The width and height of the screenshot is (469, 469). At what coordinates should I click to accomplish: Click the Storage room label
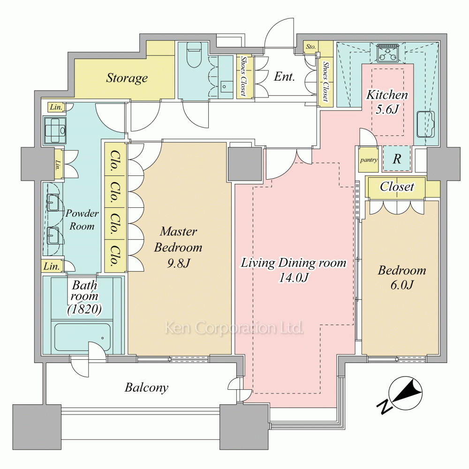tap(127, 78)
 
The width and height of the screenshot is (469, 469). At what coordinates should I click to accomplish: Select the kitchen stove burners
tap(388, 53)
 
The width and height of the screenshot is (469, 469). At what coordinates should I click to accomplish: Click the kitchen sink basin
tap(426, 124)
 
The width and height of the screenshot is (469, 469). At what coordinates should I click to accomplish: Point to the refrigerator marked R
tap(397, 159)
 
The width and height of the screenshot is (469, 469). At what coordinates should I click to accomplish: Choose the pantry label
tap(369, 160)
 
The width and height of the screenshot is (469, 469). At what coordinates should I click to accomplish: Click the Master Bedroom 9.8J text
tap(178, 247)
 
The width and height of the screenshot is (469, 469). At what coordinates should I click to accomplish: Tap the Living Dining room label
tap(294, 270)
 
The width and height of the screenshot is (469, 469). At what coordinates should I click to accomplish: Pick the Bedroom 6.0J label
tap(402, 277)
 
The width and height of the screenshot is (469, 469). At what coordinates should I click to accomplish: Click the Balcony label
tap(146, 387)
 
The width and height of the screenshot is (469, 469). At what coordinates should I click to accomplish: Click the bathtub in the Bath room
tap(82, 337)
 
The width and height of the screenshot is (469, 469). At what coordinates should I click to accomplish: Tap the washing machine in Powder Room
tap(55, 130)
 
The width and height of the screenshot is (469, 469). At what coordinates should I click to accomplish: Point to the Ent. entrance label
tap(284, 76)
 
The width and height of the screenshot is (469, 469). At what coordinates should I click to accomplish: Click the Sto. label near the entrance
tap(310, 46)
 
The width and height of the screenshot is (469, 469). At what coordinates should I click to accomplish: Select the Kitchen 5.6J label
tap(387, 102)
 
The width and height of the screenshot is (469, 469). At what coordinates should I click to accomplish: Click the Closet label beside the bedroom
tap(397, 187)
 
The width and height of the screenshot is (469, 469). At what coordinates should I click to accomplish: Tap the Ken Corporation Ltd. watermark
tap(234, 328)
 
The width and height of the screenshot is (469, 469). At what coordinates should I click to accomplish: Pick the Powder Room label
tap(82, 219)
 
